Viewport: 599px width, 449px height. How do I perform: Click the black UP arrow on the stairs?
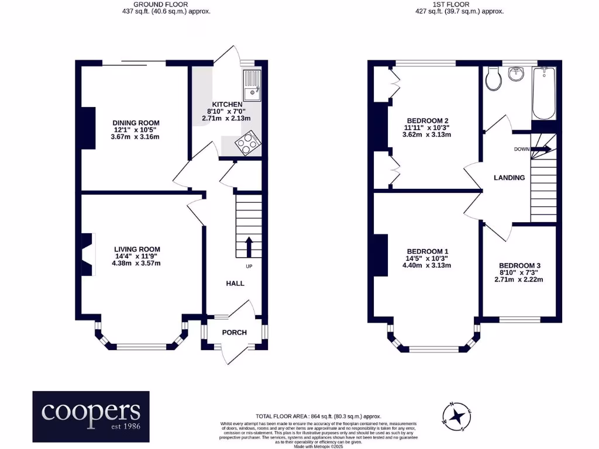(x=249, y=247)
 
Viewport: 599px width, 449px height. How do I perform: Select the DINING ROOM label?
(x=136, y=123)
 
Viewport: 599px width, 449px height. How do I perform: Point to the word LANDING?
(x=509, y=178)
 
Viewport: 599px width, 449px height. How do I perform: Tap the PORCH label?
(x=234, y=333)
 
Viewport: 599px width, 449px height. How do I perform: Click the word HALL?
(x=235, y=283)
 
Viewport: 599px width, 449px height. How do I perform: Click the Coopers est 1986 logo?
(x=91, y=416)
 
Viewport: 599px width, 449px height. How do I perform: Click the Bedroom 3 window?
(x=519, y=320)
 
